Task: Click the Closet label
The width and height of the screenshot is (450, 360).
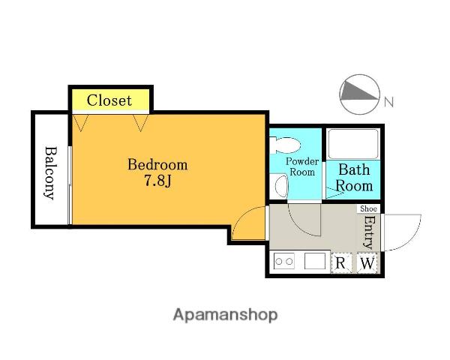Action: [x=109, y=100]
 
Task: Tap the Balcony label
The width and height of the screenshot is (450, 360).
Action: [x=51, y=172]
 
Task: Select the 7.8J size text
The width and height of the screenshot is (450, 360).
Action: [x=157, y=181]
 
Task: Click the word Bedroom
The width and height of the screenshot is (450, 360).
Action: [x=157, y=164]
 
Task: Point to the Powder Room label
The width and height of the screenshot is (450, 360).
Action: [x=302, y=166]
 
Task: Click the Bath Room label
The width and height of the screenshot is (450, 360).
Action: [x=354, y=178]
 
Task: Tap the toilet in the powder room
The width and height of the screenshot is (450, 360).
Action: [x=285, y=145]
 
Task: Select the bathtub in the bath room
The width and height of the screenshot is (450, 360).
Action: [x=353, y=144]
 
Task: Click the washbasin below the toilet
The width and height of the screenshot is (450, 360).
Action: [x=280, y=186]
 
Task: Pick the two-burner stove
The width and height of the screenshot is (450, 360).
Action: [x=283, y=261]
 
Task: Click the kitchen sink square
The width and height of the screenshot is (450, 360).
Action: [x=314, y=261]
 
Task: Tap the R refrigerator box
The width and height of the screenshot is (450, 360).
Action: [x=341, y=262]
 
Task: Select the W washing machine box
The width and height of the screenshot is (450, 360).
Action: [x=367, y=262]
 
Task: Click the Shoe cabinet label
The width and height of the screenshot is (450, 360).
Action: [x=368, y=208]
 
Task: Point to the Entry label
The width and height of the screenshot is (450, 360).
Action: [x=369, y=232]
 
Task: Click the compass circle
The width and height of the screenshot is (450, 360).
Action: [x=360, y=94]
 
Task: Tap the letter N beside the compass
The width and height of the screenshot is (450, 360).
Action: [x=388, y=102]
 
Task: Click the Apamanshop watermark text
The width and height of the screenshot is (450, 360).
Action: [x=225, y=315]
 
